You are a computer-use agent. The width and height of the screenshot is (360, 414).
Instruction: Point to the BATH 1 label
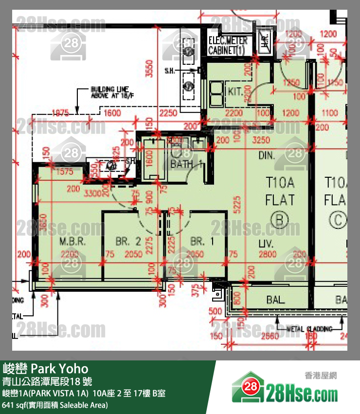coord(186,164)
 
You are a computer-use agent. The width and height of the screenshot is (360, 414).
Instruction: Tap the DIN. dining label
coord(267,156)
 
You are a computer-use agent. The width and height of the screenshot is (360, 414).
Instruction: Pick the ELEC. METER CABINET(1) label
coord(228,45)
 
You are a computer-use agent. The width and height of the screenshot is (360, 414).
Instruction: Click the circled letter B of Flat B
coord(280,220)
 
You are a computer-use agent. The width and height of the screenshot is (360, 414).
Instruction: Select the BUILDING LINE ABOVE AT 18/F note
coord(109,93)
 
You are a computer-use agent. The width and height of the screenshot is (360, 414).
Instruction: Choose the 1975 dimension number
coord(60,113)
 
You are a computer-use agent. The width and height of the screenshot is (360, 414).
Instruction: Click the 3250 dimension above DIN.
coord(262,140)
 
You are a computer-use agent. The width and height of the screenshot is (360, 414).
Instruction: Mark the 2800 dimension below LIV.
coord(268,254)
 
